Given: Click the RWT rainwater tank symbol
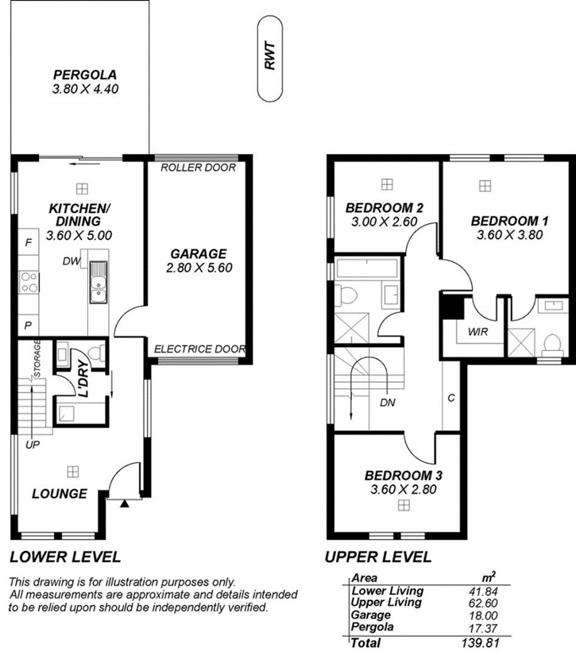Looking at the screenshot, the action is (270, 59).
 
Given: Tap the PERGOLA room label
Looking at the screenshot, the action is (85, 75).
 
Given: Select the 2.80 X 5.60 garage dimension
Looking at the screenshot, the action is (199, 268).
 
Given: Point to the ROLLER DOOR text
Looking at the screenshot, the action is (198, 168).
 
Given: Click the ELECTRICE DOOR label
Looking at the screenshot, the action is (200, 349).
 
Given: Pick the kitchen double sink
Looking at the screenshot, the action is (98, 282).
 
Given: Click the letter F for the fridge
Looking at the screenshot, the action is (29, 243).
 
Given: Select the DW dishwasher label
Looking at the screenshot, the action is (71, 261).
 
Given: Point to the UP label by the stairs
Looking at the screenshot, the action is (32, 444).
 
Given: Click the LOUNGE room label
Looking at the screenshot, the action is (59, 494).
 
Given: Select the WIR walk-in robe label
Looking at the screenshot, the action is (478, 332).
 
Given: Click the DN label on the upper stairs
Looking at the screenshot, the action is (388, 402).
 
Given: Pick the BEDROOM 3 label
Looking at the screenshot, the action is (403, 476).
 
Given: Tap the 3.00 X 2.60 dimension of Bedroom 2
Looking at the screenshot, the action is (384, 222).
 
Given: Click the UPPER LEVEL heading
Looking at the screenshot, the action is (378, 557).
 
